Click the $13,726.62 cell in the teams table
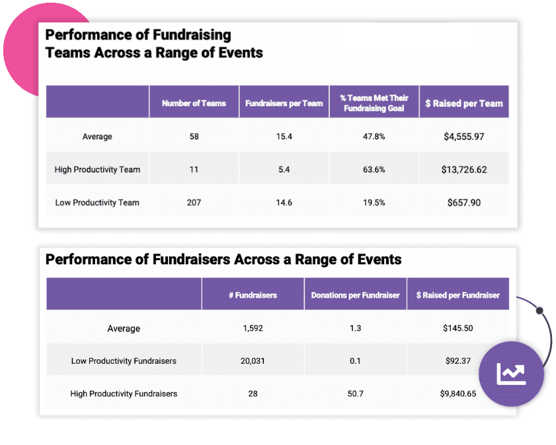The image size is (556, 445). point(464,170)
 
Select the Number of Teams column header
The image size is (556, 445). point(194,103)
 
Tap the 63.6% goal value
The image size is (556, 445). point(374,170)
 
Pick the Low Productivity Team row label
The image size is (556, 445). point(97,203)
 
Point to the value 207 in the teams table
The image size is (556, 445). point(194,203)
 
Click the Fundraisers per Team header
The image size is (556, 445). point(284,103)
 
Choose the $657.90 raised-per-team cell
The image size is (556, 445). point(464,203)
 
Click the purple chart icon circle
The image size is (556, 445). point(511,374)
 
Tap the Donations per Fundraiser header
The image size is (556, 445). point(356,295)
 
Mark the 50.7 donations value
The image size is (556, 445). point(356,394)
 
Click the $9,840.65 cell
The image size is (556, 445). point(458,394)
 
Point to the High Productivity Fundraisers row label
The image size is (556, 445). point(124,394)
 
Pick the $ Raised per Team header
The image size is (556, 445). point(464,103)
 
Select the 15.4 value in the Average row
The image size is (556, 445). point(284,137)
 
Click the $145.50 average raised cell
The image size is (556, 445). point(458,328)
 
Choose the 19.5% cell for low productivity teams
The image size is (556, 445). point(374,203)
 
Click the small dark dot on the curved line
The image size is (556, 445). point(539,310)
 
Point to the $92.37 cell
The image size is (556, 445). point(458,361)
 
